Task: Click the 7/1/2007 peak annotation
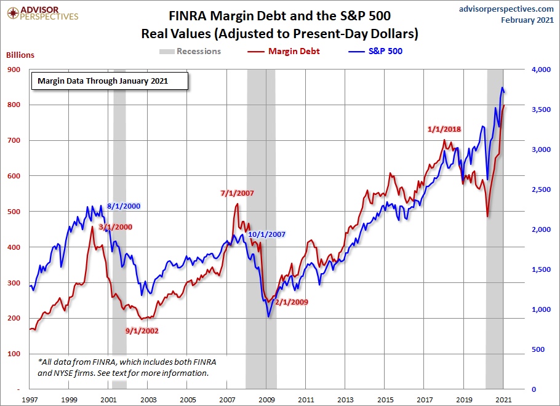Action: point(237,193)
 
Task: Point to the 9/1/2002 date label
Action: point(142,330)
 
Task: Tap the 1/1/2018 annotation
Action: point(444,129)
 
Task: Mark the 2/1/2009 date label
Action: point(291,302)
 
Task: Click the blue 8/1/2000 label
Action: point(124,207)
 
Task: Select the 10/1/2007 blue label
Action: point(266,234)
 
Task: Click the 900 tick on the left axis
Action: point(14,70)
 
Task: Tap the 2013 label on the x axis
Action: point(345,399)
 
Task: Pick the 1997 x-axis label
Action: point(31,399)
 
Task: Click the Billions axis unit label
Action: point(20,55)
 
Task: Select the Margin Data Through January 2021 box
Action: point(110,81)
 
